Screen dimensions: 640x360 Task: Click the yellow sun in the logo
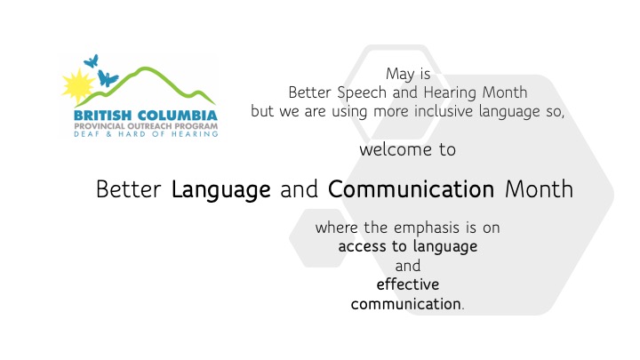tap(77, 85)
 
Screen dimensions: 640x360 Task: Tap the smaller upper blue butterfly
tap(92, 61)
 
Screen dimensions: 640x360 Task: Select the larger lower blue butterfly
tap(108, 78)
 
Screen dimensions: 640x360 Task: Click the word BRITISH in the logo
tap(102, 116)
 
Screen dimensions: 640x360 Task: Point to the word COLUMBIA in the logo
tap(178, 116)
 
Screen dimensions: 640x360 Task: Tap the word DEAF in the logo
tap(86, 134)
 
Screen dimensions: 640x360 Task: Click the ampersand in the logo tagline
tap(109, 134)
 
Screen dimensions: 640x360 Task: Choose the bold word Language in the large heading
tap(220, 190)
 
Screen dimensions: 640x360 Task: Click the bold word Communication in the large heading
tap(411, 189)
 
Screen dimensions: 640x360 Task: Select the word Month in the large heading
tap(539, 189)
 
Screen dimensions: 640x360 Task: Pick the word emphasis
tap(427, 228)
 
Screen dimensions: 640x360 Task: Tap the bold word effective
tap(408, 284)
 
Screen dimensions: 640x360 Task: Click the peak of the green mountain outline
tap(144, 68)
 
